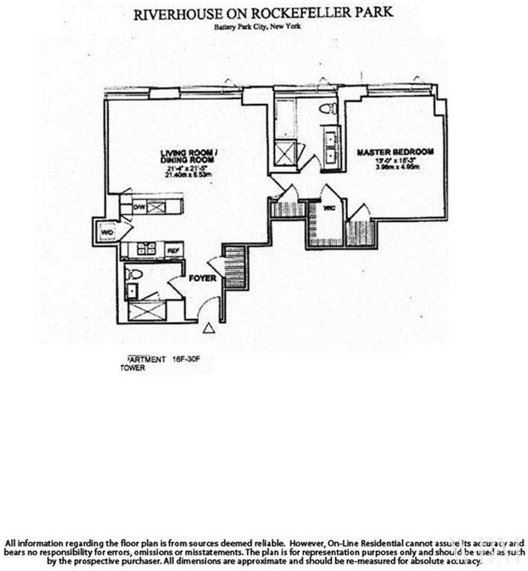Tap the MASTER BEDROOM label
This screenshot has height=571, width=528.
pos(394,152)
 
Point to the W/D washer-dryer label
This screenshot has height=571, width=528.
pos(105,233)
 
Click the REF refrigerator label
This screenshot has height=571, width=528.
pos(173,250)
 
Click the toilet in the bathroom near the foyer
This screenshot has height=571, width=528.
pos(134,274)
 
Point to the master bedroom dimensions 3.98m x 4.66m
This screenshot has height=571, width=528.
pos(394,167)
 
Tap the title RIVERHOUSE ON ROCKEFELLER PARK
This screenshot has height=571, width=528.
pos(263,14)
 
